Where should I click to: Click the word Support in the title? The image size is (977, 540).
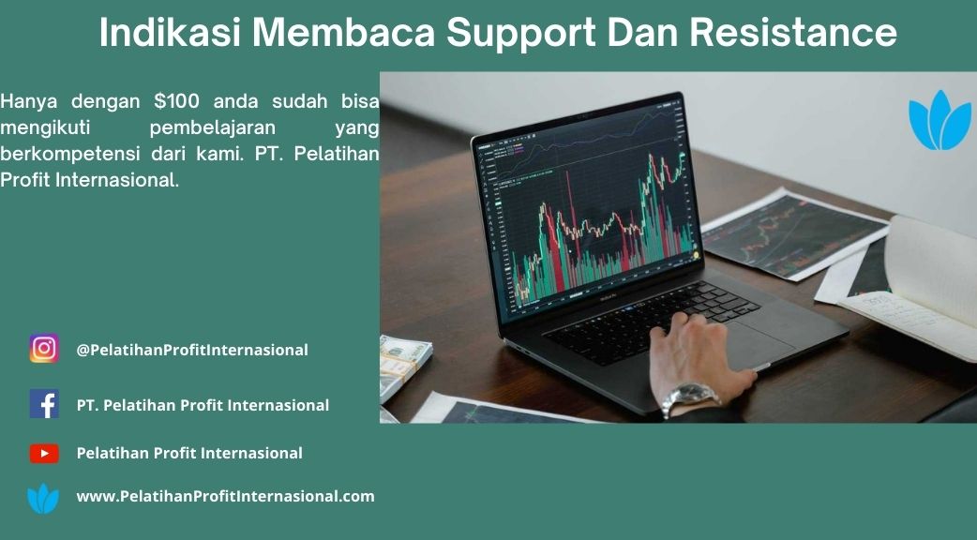pyautogui.click(x=521, y=33)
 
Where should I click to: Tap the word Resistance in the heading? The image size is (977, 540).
pyautogui.click(x=793, y=32)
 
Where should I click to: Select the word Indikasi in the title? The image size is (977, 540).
pyautogui.click(x=170, y=32)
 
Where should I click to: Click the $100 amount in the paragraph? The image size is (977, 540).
pyautogui.click(x=177, y=101)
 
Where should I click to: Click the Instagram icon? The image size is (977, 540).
pyautogui.click(x=44, y=348)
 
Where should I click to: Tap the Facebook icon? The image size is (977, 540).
pyautogui.click(x=44, y=404)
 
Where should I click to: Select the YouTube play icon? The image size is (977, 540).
pyautogui.click(x=44, y=453)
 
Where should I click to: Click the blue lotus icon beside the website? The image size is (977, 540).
pyautogui.click(x=43, y=499)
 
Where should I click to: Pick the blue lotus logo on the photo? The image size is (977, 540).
pyautogui.click(x=939, y=121)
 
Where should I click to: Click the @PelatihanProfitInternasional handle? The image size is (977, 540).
pyautogui.click(x=192, y=350)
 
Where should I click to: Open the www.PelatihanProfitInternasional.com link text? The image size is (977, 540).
pyautogui.click(x=226, y=496)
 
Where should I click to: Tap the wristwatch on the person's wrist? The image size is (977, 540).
pyautogui.click(x=687, y=397)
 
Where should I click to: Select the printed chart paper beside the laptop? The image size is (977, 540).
pyautogui.click(x=793, y=232)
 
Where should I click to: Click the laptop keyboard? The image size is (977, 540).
pyautogui.click(x=652, y=320)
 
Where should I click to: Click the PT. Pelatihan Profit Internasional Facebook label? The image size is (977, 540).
pyautogui.click(x=203, y=405)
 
